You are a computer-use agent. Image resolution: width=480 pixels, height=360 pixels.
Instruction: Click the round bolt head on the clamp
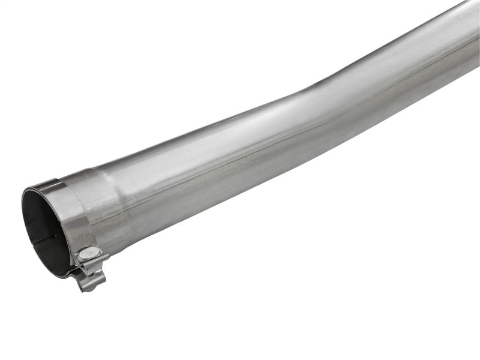tap(88, 254)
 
